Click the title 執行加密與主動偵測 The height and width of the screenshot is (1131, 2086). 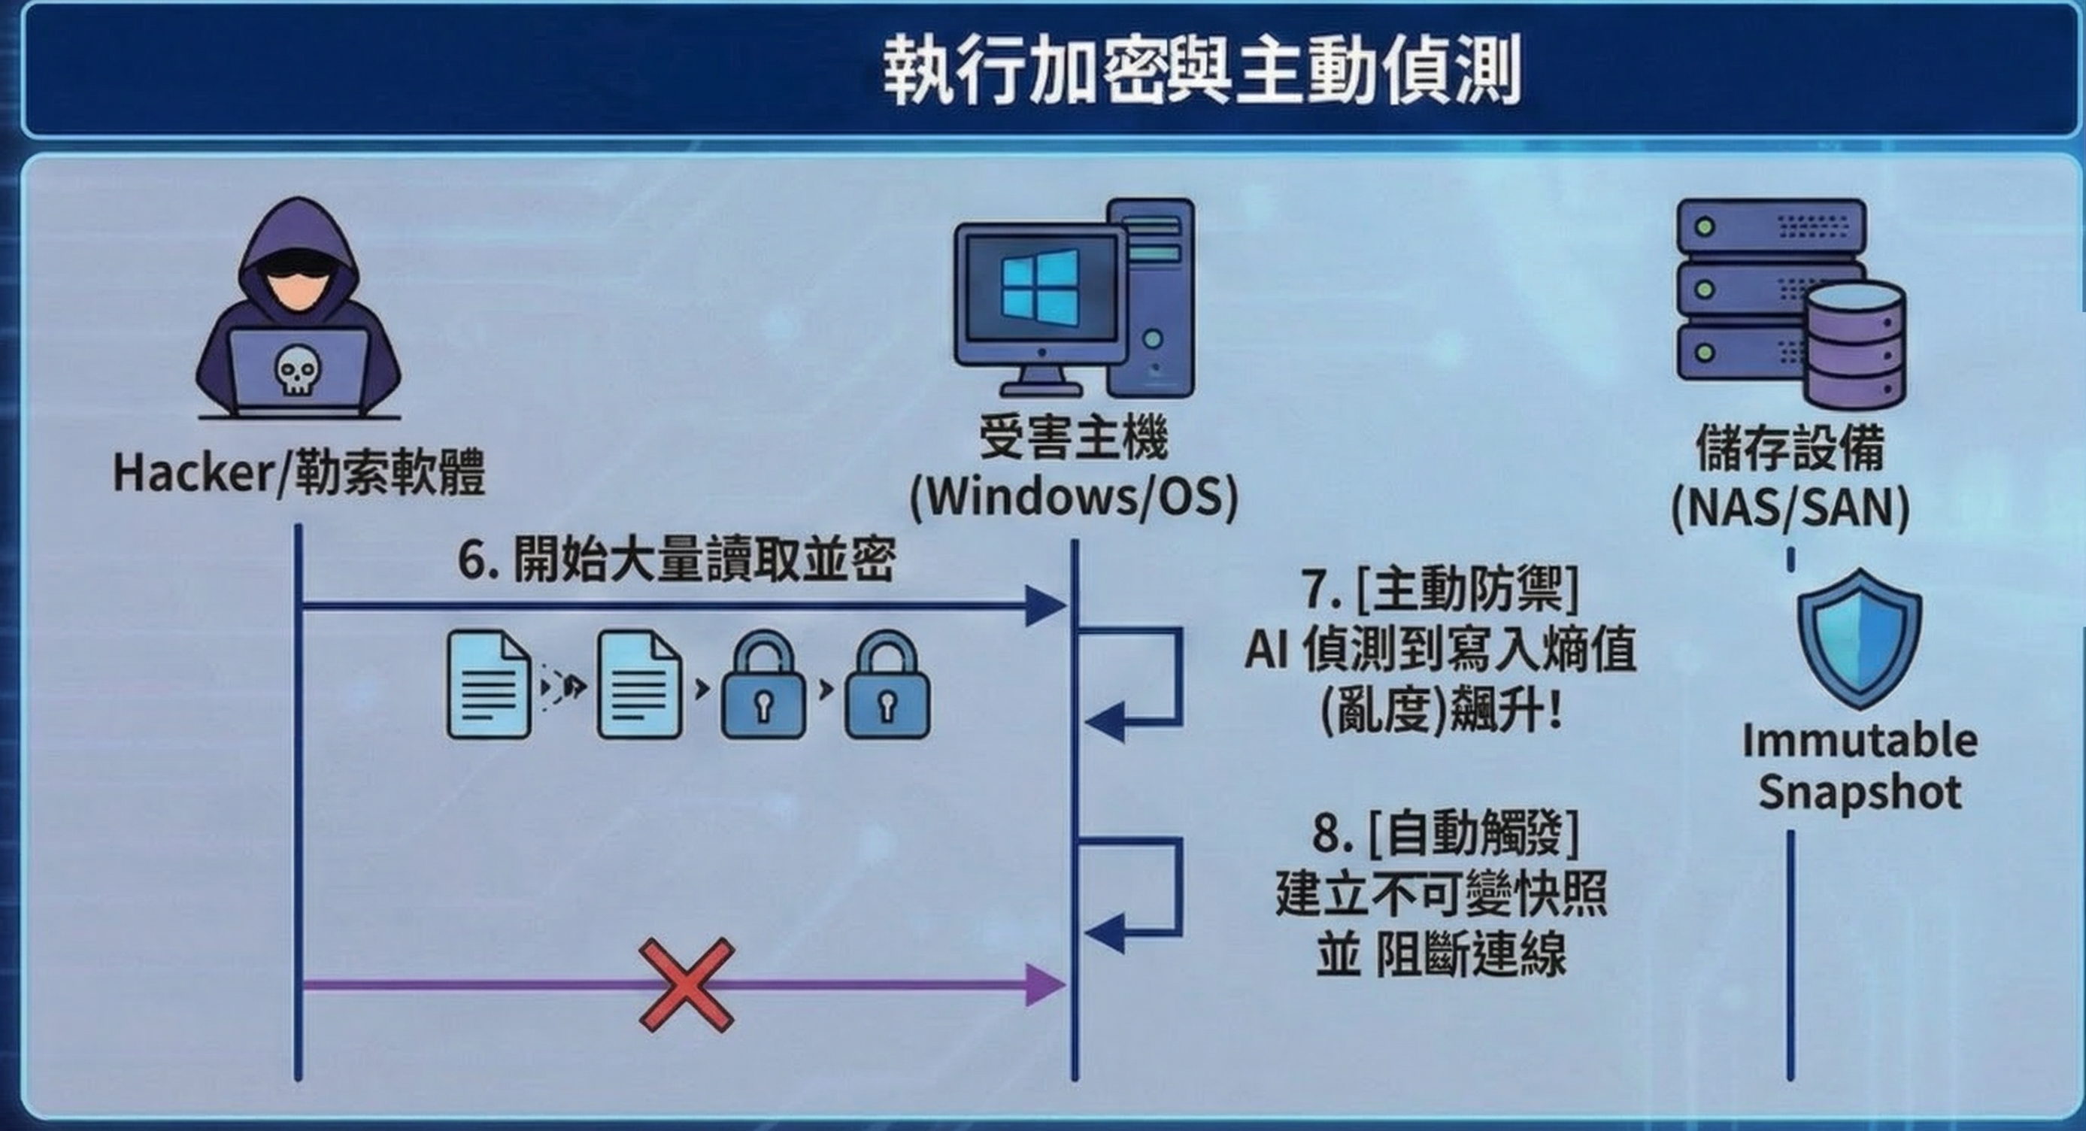pos(1202,71)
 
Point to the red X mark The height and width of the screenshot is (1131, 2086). pos(687,984)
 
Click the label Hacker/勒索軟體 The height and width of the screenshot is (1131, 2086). pos(299,472)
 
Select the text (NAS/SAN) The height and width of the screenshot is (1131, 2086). pos(1790,508)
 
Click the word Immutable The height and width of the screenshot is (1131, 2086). pos(1859,741)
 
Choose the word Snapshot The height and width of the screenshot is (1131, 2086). pos(1859,793)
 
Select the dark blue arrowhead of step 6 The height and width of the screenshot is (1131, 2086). pos(1045,605)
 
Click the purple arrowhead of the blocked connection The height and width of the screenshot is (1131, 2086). pos(1045,985)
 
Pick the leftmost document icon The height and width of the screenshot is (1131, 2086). pos(489,685)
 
